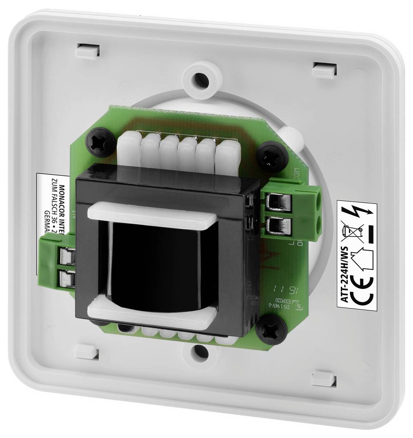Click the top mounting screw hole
201,79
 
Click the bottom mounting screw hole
200,351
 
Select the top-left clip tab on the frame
87,50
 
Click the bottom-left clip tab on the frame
87,351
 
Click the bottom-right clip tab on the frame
324,379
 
